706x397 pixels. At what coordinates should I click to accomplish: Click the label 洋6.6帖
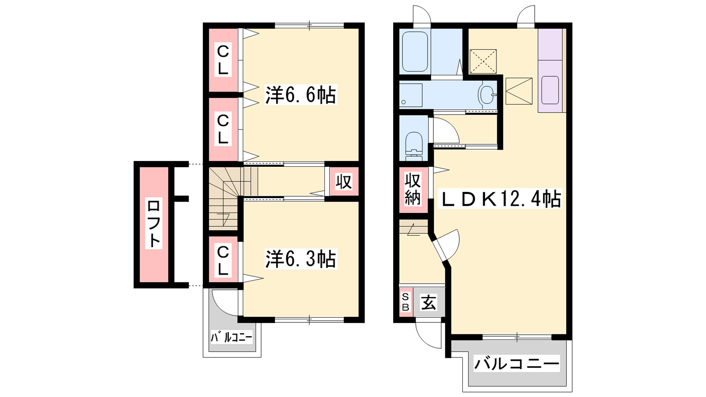(x=300, y=94)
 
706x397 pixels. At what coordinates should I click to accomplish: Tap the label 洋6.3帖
(x=300, y=259)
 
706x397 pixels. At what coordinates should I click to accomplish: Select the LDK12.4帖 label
(x=500, y=198)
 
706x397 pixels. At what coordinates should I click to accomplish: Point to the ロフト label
(x=154, y=223)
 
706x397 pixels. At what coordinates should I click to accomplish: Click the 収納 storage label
(x=413, y=189)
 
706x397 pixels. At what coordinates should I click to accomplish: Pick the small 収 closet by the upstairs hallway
(x=344, y=182)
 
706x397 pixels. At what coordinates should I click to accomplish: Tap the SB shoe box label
(x=406, y=302)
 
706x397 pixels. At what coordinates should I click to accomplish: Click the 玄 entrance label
(x=428, y=303)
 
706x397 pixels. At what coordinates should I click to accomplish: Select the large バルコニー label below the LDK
(x=517, y=364)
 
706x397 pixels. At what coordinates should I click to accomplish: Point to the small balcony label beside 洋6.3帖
(x=232, y=337)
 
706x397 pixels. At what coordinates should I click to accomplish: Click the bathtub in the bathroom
(x=415, y=52)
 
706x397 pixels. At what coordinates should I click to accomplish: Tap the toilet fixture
(x=413, y=146)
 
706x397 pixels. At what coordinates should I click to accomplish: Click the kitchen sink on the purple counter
(x=550, y=90)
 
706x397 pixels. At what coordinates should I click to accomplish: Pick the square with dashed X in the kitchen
(x=483, y=61)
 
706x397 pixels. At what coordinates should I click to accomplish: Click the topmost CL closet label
(x=223, y=60)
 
